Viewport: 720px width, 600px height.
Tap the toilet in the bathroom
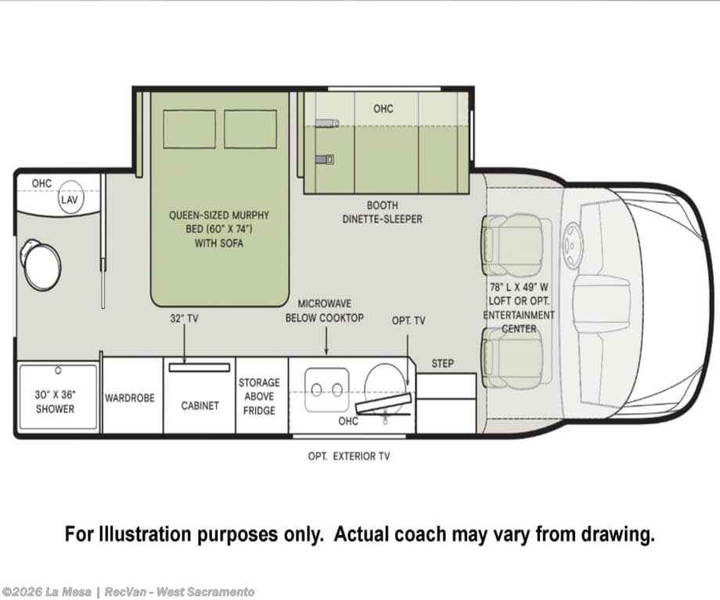click(x=41, y=265)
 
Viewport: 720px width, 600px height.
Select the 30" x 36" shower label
click(x=55, y=401)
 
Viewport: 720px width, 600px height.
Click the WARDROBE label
click(x=129, y=397)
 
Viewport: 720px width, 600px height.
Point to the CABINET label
click(x=200, y=406)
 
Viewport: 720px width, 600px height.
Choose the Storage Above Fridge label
click(x=259, y=397)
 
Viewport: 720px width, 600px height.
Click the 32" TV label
click(x=184, y=318)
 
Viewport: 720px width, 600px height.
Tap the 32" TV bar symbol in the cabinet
click(x=200, y=367)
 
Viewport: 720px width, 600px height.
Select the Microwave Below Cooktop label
click(x=325, y=311)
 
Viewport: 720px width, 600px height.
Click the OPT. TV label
click(x=409, y=321)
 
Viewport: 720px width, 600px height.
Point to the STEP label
click(x=443, y=364)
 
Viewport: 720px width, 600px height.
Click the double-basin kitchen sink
click(x=327, y=390)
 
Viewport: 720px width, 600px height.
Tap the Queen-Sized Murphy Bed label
click(x=219, y=229)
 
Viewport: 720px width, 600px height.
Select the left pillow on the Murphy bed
click(x=189, y=128)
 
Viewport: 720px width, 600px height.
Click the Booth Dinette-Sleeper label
click(x=383, y=212)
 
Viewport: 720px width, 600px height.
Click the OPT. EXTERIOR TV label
click(x=348, y=456)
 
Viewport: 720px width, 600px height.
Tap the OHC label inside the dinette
click(x=383, y=108)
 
